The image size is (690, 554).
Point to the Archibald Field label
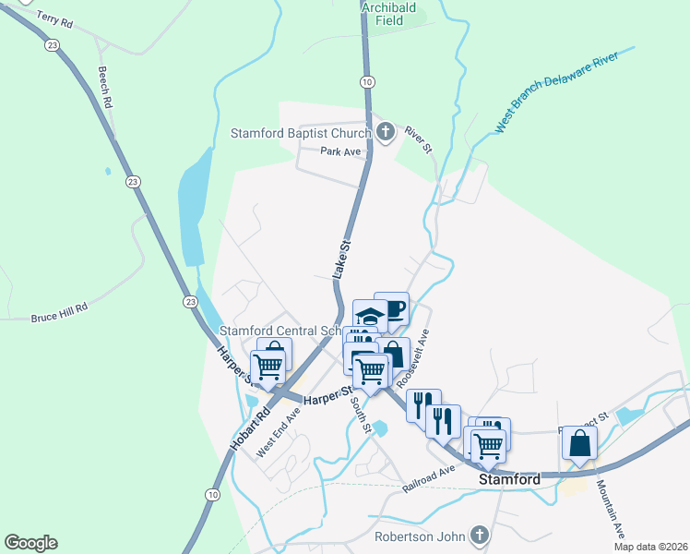point(388,13)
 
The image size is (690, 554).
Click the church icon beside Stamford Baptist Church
point(386,133)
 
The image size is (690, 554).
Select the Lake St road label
point(343,259)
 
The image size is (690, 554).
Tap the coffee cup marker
point(391,308)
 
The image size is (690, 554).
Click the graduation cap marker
point(370,316)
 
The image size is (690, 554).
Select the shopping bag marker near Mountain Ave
point(579,442)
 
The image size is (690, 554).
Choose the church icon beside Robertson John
point(479,535)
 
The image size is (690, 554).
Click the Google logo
point(30,543)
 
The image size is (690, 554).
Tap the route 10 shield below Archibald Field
point(367,82)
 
